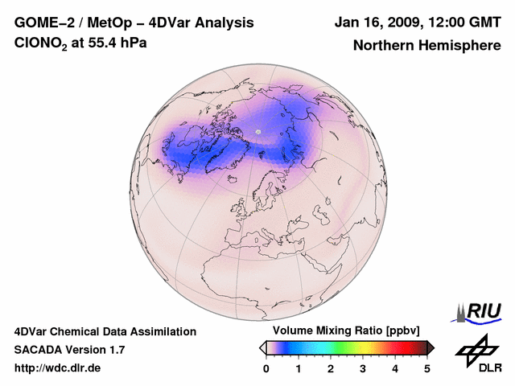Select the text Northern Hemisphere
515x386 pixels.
(x=426, y=45)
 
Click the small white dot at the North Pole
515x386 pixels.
(x=257, y=131)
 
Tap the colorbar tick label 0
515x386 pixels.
(x=266, y=369)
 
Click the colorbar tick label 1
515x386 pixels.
(x=299, y=369)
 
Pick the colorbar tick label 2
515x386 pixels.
(x=331, y=369)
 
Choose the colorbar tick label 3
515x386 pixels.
(x=363, y=369)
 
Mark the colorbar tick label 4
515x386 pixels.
(x=395, y=369)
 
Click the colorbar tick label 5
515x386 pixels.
(x=427, y=369)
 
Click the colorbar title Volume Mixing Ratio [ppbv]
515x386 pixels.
(x=343, y=331)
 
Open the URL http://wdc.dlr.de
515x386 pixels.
(x=57, y=368)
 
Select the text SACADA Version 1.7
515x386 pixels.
(x=69, y=350)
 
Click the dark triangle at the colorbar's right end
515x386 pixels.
(x=431, y=347)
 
